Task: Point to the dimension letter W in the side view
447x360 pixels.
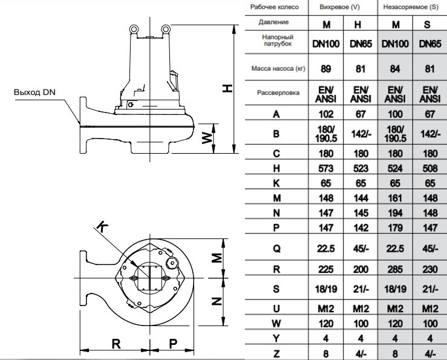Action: click(x=207, y=138)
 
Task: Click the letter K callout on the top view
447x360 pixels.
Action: click(x=102, y=225)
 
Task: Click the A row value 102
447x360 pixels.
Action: click(x=327, y=113)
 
